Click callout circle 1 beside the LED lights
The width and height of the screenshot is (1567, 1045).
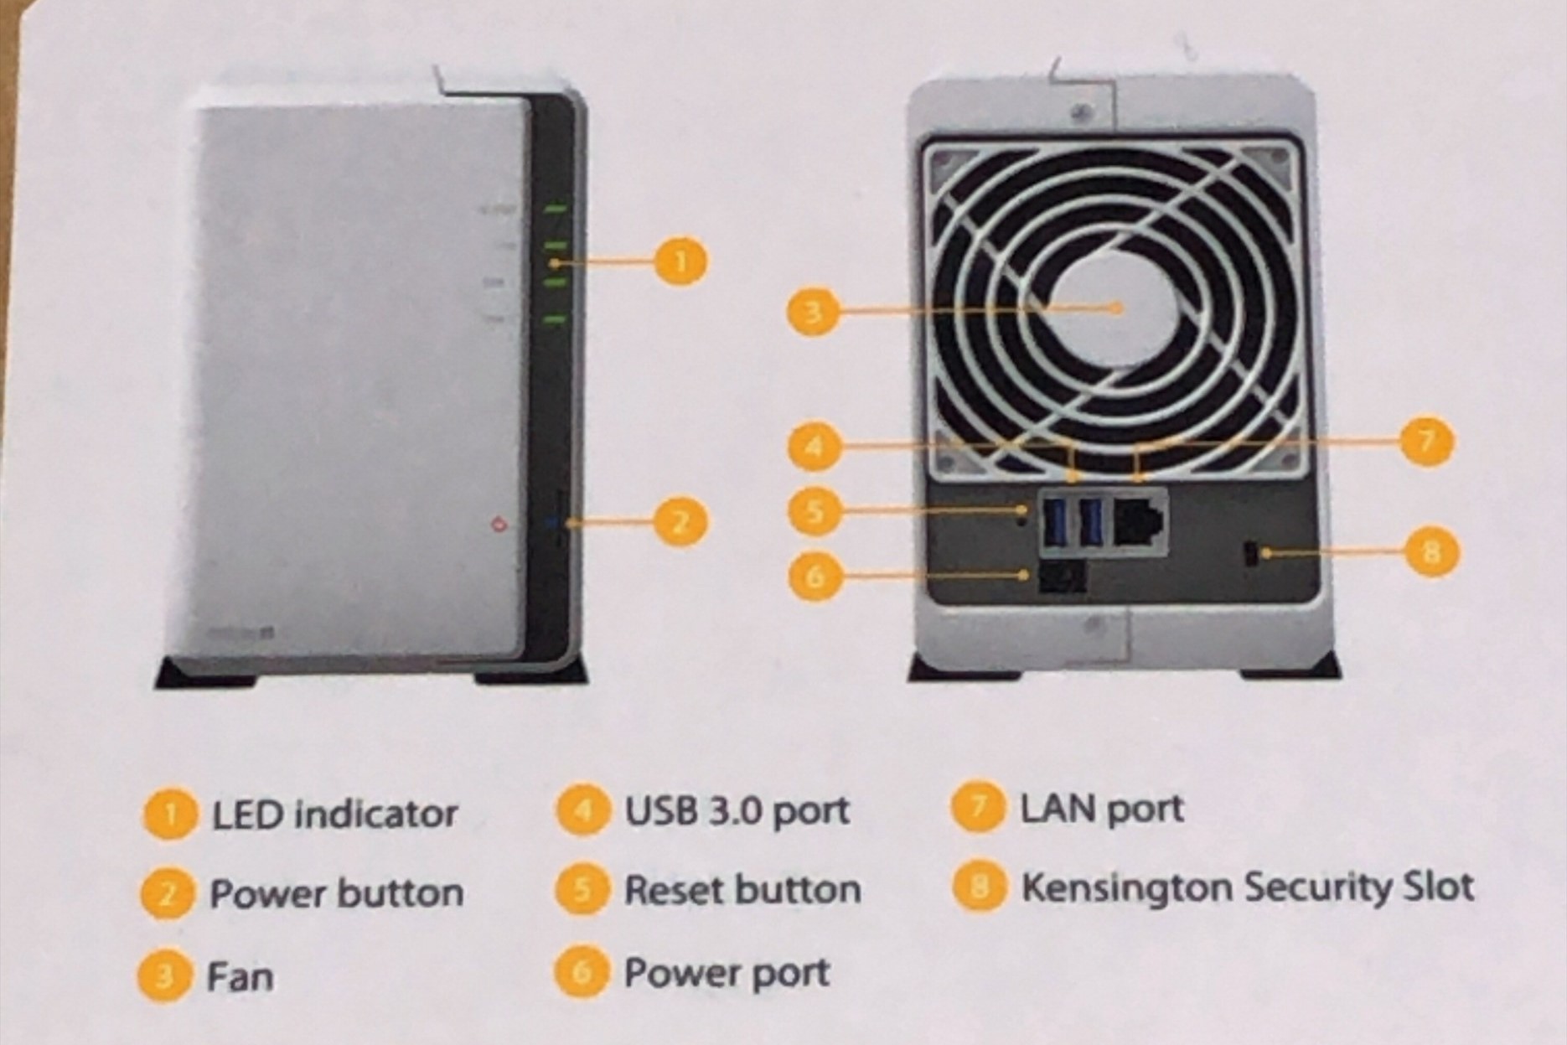coord(680,261)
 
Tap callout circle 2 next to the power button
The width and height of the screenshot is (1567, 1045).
coord(680,522)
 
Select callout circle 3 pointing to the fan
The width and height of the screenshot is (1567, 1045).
coord(812,313)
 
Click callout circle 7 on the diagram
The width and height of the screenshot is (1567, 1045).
coord(1426,441)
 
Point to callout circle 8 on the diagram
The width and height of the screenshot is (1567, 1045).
coord(1430,551)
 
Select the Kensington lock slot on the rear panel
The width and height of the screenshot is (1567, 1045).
coord(1249,555)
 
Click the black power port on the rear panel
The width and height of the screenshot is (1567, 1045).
coord(1062,577)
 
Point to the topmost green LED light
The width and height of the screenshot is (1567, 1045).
coord(556,209)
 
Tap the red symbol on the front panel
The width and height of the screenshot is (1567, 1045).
coord(499,525)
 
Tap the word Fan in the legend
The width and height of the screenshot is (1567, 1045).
coord(240,977)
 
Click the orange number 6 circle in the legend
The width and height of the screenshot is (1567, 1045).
coord(581,972)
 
